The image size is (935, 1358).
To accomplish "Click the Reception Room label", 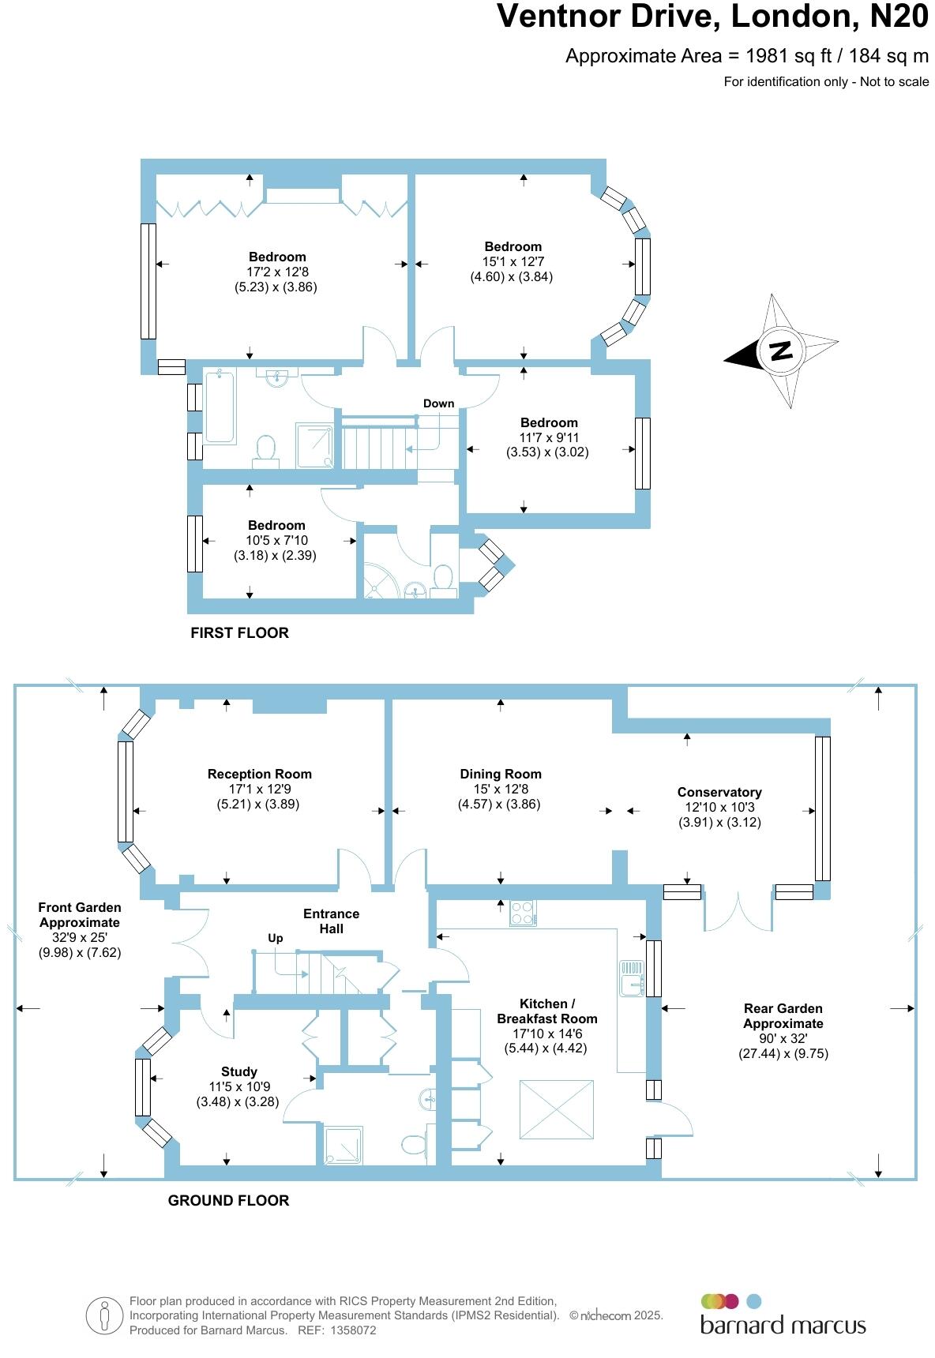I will point(259,774).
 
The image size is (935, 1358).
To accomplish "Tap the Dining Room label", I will point(501,774).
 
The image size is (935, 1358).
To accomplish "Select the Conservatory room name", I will point(719,792).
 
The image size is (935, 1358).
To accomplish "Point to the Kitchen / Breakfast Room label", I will point(546,1011).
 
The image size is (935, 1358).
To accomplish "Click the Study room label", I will point(238,1071).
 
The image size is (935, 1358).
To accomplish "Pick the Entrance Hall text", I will point(331,921).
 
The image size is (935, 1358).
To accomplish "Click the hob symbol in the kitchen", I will point(523,913).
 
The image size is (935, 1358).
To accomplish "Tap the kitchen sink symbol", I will point(632,979).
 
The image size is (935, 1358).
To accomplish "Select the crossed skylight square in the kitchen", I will point(556,1110).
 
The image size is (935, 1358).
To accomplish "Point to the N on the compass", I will point(780,351).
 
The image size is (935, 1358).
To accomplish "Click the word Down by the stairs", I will point(438,403).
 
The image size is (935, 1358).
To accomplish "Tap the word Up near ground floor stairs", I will point(275,938).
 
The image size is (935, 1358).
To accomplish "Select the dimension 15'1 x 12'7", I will point(513,261).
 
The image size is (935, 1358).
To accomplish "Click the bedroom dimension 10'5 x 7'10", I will point(276,540).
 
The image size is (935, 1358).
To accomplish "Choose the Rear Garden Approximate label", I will point(783,1015).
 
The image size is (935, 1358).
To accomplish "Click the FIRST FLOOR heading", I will point(239,632).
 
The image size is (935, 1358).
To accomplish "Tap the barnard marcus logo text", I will point(783,1324).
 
